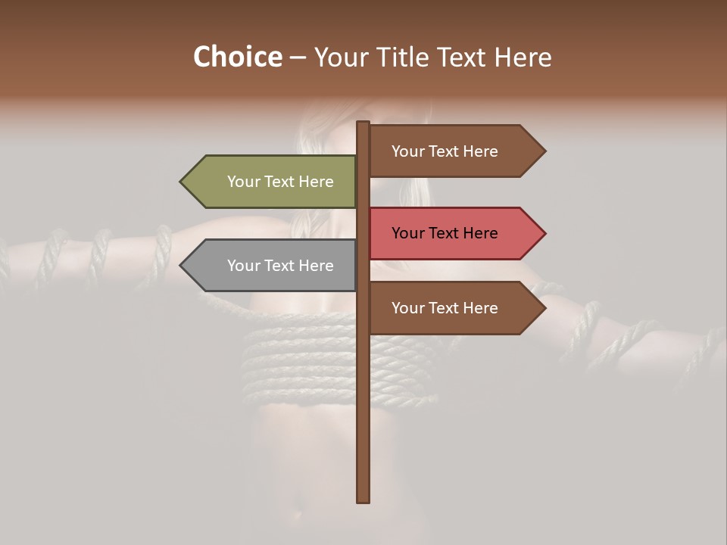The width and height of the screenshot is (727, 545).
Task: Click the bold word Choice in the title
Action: click(237, 57)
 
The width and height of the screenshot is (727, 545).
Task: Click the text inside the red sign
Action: click(445, 233)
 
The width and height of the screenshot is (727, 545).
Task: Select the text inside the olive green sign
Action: click(280, 182)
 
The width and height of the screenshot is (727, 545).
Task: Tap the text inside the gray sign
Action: click(280, 266)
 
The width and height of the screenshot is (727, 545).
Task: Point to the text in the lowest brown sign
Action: click(445, 308)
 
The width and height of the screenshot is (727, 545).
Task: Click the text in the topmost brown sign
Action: click(445, 151)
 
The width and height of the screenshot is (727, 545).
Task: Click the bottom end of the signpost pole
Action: click(363, 500)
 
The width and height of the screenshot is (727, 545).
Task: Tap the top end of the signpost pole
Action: click(363, 124)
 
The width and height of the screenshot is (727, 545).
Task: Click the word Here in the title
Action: click(523, 57)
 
